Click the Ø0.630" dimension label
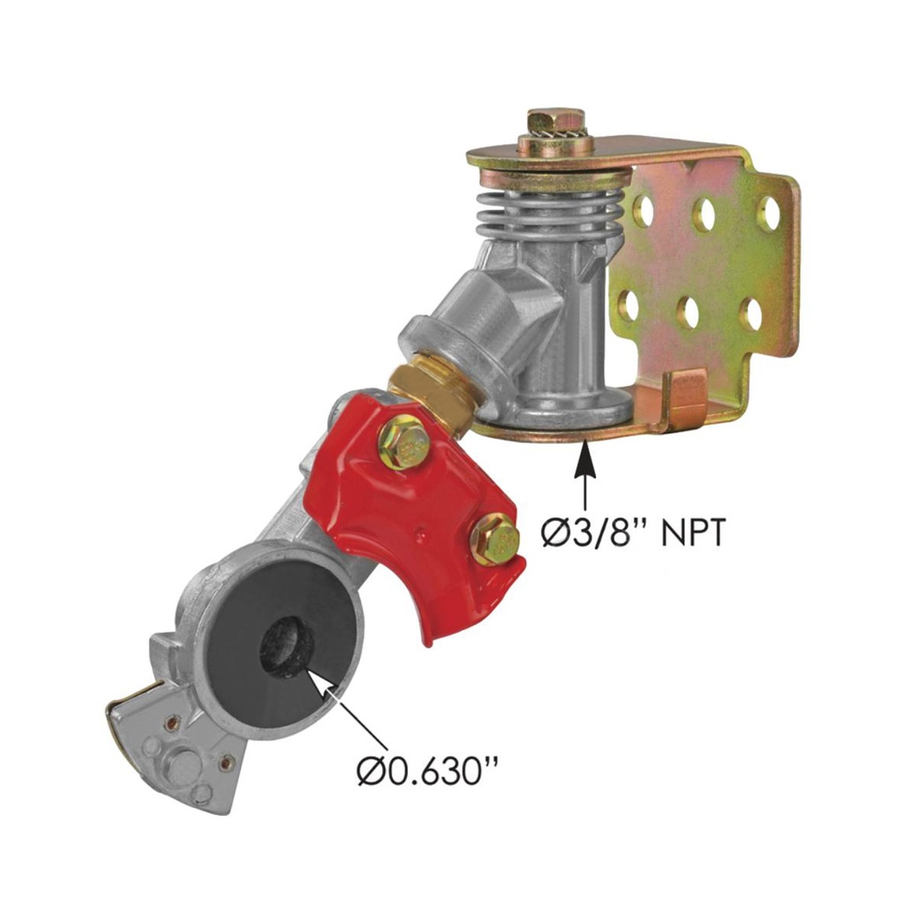[x=427, y=771]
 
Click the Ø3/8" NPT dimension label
[x=632, y=531]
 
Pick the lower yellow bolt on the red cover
[x=494, y=538]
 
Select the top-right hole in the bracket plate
[x=767, y=215]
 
